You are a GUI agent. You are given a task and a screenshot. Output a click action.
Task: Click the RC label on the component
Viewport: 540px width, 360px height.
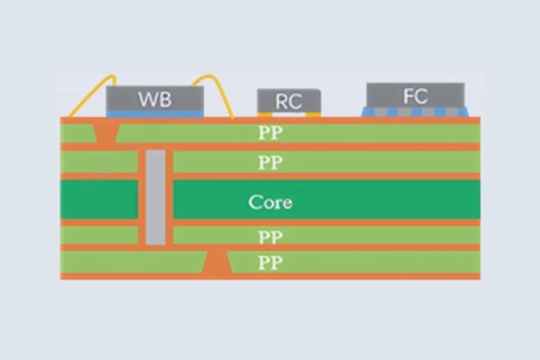coord(288,102)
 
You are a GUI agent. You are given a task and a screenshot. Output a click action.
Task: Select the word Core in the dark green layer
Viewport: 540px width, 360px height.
coord(271,202)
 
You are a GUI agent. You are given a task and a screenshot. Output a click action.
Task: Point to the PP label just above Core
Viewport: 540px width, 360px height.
coord(271,163)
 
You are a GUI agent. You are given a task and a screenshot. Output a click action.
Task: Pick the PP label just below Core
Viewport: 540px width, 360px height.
coord(271,237)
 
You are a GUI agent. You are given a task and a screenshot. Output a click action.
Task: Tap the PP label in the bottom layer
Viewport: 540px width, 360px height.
coord(271,263)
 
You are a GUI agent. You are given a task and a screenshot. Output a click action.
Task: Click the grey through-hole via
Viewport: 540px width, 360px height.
coord(156,198)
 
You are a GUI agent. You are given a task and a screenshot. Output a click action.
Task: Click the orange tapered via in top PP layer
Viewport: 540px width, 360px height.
coord(106,132)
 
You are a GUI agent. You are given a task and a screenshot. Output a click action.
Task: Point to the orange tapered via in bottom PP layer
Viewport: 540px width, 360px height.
coord(216,263)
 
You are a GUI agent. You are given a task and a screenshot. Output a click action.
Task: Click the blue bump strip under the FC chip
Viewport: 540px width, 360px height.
coord(416,112)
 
